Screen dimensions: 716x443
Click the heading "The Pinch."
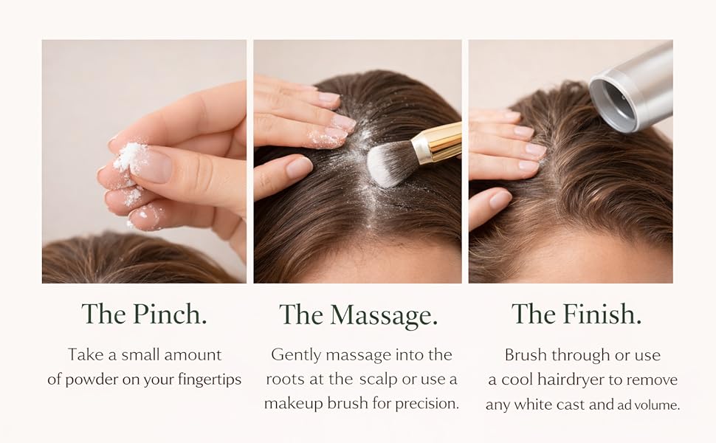tap(144, 315)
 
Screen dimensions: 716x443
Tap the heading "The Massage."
tap(359, 315)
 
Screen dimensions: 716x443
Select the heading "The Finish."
tap(576, 314)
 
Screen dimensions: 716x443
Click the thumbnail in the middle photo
tap(299, 167)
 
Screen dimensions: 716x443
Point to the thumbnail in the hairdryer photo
tap(500, 199)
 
